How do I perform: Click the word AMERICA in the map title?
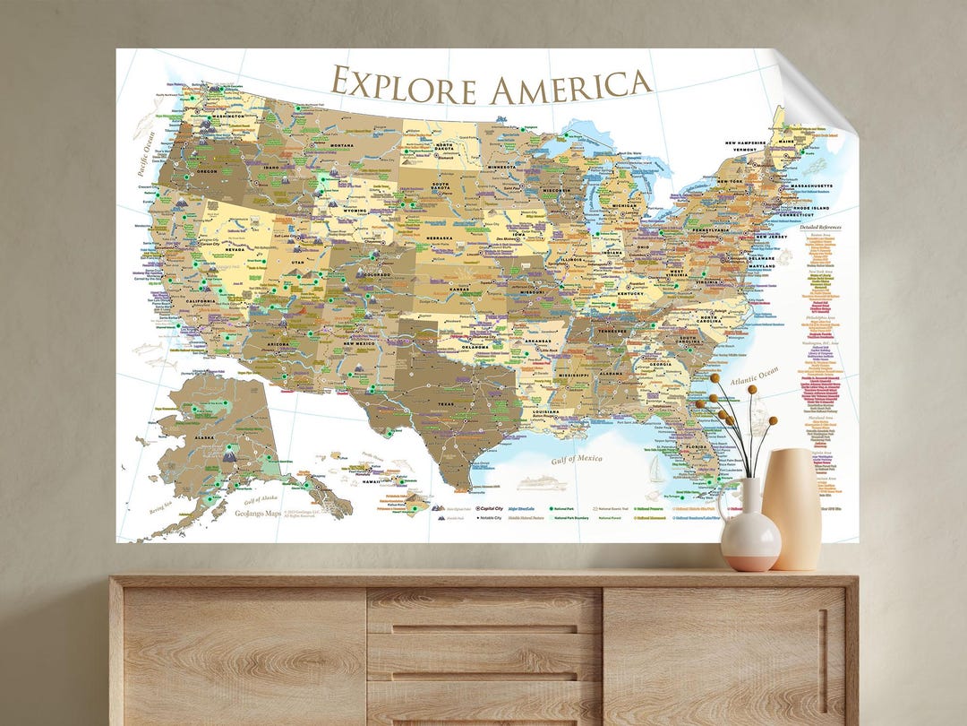[570, 86]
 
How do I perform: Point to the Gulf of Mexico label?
[576, 460]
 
